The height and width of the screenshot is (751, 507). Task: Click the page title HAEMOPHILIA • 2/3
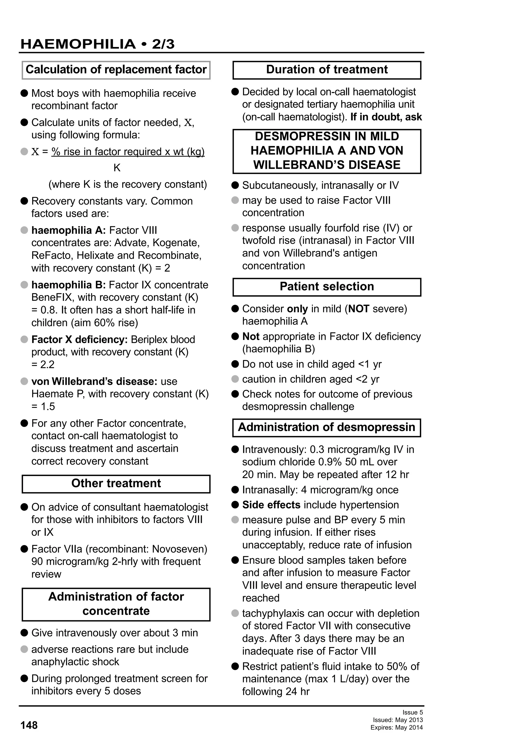pos(97,44)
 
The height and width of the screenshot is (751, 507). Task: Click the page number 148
pos(29,725)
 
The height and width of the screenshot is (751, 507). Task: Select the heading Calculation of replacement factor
pos(116,70)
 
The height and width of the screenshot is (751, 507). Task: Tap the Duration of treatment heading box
pos(327,70)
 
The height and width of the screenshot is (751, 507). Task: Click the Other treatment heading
pos(116,483)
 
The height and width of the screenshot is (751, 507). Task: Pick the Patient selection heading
pos(327,287)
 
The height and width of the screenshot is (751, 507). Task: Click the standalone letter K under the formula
pos(117,168)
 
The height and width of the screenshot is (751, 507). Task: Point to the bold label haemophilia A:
pos(69,230)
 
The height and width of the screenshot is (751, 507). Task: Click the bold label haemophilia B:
pos(69,285)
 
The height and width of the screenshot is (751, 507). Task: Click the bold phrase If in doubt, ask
pos(386,117)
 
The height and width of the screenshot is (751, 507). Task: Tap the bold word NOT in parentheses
pos(359,309)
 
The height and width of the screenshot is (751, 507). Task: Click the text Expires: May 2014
pos(397,728)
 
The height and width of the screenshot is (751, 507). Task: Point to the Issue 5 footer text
pos(412,713)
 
